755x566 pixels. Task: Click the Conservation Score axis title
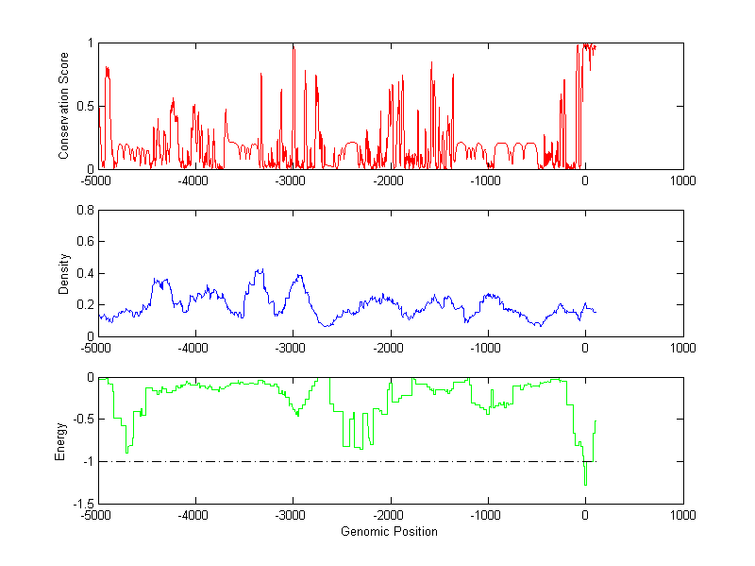[x=64, y=106]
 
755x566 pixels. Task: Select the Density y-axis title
[x=64, y=273]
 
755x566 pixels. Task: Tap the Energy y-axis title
[x=60, y=439]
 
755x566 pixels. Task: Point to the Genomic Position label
[x=389, y=531]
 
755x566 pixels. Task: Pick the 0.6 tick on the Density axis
[x=83, y=242]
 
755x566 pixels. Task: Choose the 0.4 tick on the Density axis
[x=83, y=273]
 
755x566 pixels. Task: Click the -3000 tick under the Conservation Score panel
[x=291, y=180]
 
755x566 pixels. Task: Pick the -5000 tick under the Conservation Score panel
[x=96, y=180]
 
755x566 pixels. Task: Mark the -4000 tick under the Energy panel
[x=193, y=515]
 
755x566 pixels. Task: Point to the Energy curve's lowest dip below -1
[x=585, y=484]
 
